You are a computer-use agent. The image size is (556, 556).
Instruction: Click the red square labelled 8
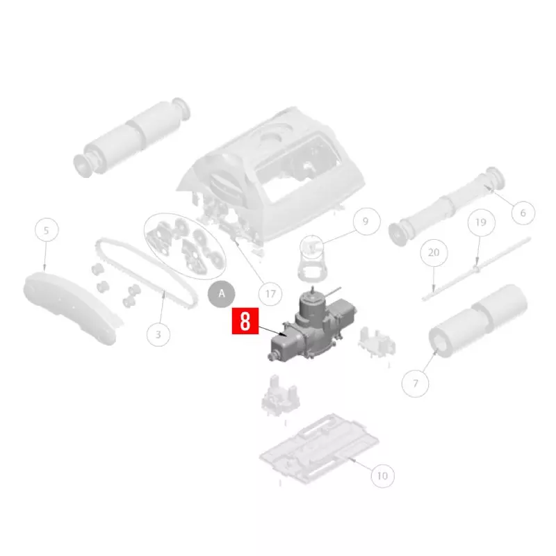[245, 321]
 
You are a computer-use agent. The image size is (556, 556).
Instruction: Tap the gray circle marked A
[221, 293]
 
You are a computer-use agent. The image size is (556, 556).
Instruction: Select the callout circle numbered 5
[47, 230]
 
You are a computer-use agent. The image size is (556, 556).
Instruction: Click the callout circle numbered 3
[158, 334]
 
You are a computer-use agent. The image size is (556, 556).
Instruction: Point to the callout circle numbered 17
[270, 294]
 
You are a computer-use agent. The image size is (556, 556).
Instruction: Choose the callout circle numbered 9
[367, 221]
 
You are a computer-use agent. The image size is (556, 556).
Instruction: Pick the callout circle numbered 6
[523, 213]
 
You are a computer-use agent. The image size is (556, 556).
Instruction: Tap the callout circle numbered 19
[481, 222]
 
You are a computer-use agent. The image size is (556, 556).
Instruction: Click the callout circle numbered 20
[434, 252]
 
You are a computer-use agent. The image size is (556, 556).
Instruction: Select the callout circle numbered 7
[415, 384]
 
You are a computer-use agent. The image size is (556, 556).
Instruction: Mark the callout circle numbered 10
[382, 476]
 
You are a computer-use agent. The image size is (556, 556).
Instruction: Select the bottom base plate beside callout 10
[319, 449]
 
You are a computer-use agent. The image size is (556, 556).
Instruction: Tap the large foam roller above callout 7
[478, 322]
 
